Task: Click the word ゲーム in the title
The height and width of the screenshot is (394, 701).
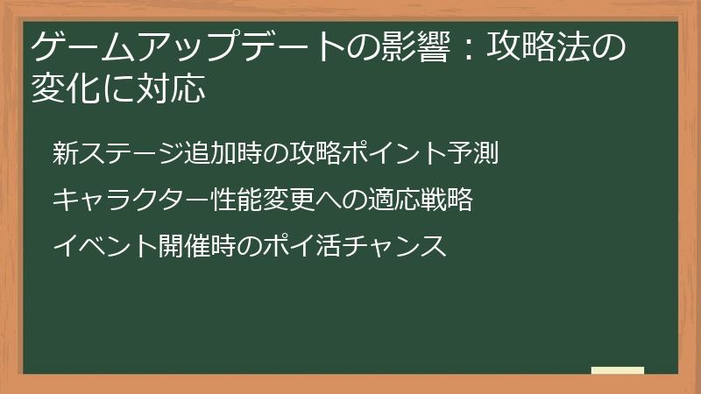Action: click(x=74, y=46)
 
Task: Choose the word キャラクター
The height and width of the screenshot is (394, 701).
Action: click(x=131, y=201)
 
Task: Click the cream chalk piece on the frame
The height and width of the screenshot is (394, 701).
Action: click(x=617, y=370)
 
